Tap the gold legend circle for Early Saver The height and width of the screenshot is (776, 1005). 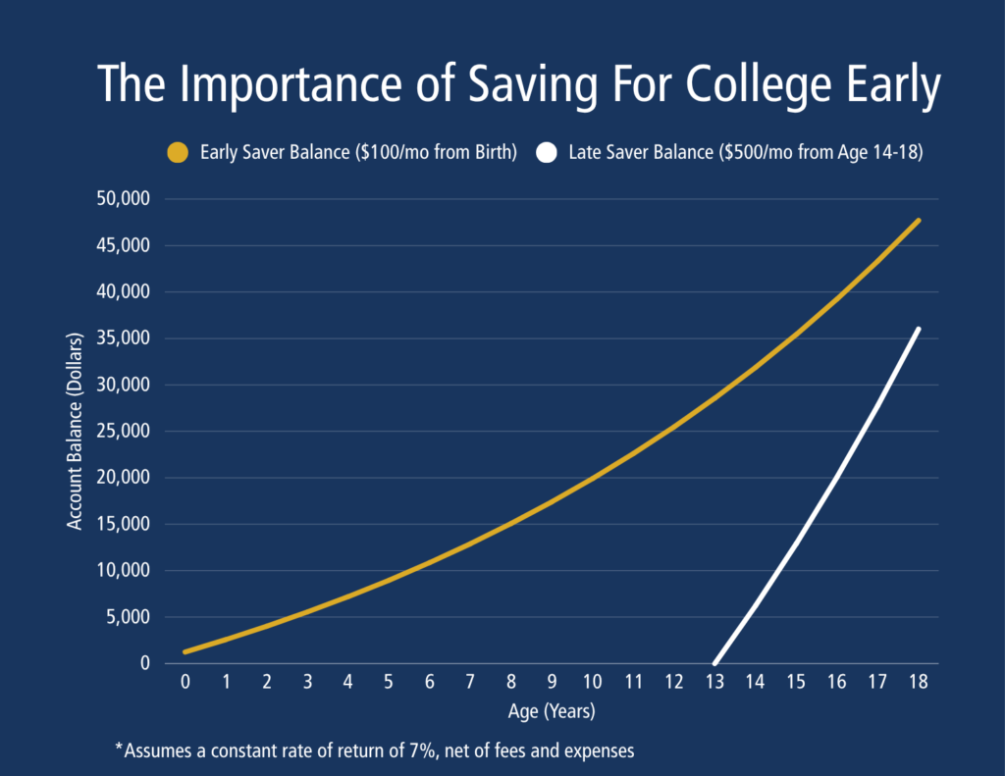click(x=178, y=152)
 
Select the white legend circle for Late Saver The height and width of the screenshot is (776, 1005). click(x=546, y=152)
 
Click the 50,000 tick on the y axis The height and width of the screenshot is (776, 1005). click(x=123, y=198)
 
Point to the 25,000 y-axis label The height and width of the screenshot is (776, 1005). click(x=123, y=431)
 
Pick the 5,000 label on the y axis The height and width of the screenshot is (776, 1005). click(x=129, y=616)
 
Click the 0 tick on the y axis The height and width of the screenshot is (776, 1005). click(x=145, y=662)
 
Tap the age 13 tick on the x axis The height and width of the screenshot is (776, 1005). click(x=714, y=682)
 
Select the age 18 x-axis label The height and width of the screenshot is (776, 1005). click(x=919, y=682)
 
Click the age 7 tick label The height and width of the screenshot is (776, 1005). click(x=470, y=682)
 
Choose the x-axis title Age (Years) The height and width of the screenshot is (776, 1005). click(x=552, y=711)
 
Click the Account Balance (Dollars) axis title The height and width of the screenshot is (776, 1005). click(x=75, y=432)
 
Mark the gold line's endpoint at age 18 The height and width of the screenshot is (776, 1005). click(x=919, y=221)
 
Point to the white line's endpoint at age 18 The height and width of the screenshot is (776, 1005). click(x=919, y=330)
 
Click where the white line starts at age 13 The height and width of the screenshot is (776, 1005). click(x=714, y=663)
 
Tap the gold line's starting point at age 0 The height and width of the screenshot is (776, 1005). click(x=185, y=652)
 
